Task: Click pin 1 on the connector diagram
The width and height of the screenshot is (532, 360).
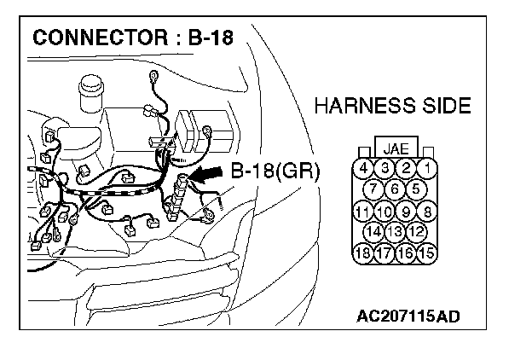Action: pos(427,168)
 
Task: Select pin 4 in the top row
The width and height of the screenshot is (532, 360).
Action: pos(364,168)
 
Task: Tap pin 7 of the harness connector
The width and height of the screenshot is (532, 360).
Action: pos(375,189)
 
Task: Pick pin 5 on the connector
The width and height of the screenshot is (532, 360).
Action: pos(416,189)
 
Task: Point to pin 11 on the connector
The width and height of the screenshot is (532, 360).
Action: pos(364,210)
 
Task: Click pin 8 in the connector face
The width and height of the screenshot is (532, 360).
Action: pos(428,210)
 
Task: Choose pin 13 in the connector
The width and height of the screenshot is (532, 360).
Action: pos(395,231)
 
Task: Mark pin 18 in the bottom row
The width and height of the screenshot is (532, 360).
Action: pos(364,253)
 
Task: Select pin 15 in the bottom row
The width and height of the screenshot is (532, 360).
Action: pos(428,253)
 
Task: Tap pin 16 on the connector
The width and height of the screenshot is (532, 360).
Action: pos(407,253)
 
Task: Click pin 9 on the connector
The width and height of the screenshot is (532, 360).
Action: pos(407,210)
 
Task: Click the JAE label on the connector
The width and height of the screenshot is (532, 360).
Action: pos(396,148)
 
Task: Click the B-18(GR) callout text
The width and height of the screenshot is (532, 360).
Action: pos(275,171)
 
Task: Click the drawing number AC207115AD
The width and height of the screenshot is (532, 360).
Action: pos(408,316)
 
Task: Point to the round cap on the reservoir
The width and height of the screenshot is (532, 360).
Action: pos(90,89)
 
